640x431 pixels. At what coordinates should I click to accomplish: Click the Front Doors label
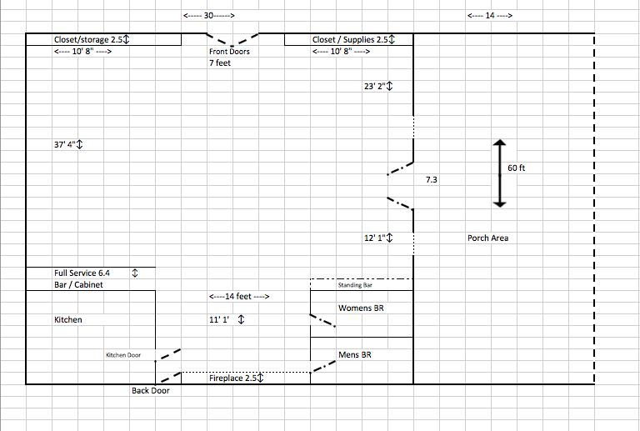point(229,52)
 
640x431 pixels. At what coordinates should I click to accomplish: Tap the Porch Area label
point(487,238)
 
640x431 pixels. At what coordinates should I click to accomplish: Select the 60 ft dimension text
point(517,168)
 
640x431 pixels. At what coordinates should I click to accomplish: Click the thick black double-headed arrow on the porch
point(498,173)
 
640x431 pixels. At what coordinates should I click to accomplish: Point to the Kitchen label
point(68,319)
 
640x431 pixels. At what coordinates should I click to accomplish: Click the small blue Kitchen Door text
point(123,355)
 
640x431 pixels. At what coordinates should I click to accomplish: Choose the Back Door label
point(150,390)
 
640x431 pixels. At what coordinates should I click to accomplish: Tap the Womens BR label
point(361,308)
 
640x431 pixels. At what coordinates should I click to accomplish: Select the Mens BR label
point(355,355)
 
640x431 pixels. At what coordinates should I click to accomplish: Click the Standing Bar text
point(355,285)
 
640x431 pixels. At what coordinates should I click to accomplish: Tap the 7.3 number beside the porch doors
point(431,179)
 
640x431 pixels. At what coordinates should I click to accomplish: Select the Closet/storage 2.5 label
point(92,39)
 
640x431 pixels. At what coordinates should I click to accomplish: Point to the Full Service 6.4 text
point(82,273)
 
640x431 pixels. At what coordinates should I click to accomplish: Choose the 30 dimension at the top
point(208,16)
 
